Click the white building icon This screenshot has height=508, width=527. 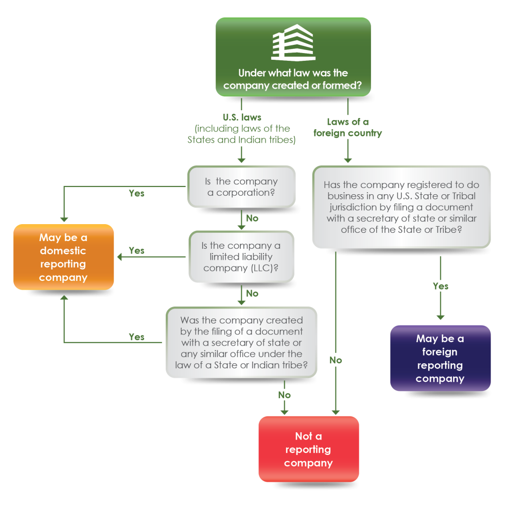tap(292, 42)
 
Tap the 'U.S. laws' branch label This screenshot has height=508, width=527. tap(241, 117)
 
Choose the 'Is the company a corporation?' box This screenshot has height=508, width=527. tap(241, 187)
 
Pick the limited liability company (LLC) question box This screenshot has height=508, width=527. tap(241, 257)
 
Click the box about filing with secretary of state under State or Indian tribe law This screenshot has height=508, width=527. tap(241, 342)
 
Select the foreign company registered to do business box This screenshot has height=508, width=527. tap(401, 207)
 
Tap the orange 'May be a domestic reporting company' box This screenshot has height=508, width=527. tap(63, 257)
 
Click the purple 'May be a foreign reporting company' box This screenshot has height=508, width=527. tap(440, 359)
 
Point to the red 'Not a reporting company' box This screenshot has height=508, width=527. tap(308, 449)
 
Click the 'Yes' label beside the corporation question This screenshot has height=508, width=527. tap(136, 194)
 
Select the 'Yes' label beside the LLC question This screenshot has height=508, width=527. tap(136, 250)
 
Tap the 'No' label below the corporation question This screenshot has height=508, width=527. tap(252, 218)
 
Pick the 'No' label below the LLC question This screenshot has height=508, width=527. tap(252, 293)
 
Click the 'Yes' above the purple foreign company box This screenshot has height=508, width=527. tap(441, 286)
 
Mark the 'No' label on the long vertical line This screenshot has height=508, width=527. tap(336, 360)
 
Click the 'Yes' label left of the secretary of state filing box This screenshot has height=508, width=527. tap(136, 337)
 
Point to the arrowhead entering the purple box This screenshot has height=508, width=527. tap(441, 317)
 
